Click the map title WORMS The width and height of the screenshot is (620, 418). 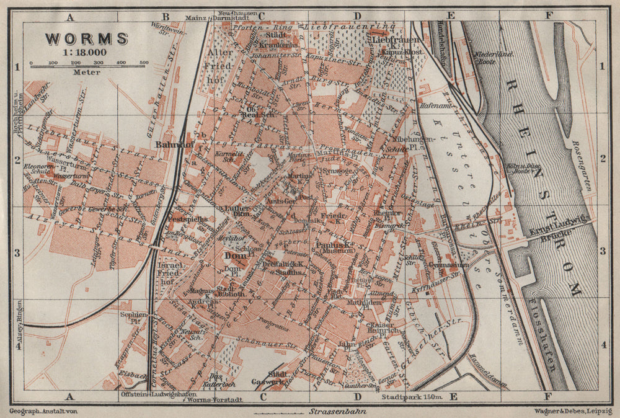point(86,38)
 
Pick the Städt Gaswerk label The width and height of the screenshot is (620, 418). point(270,377)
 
